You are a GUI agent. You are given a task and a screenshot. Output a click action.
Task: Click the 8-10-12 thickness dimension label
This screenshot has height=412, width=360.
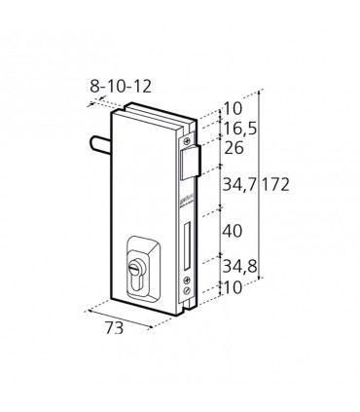(x=121, y=87)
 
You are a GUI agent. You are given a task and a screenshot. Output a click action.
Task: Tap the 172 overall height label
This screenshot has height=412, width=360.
(x=275, y=185)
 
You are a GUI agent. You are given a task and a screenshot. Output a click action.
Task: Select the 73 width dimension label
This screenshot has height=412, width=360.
(x=114, y=328)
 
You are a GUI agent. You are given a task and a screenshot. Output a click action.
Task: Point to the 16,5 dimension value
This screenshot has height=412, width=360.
(x=240, y=129)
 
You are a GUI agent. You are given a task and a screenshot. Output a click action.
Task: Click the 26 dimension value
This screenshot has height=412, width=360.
(x=234, y=148)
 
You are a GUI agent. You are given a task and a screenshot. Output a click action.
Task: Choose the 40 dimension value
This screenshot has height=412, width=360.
(x=233, y=232)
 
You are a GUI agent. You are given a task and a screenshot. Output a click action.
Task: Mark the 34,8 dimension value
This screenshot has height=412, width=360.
(x=240, y=267)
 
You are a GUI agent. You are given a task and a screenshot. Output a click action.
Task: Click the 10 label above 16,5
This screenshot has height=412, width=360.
(x=234, y=108)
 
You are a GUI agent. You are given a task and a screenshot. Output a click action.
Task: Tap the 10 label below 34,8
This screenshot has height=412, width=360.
(x=234, y=287)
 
